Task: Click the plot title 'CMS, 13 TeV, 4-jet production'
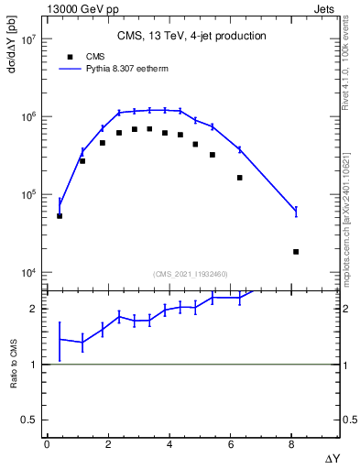(191, 37)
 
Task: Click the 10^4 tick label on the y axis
(27, 273)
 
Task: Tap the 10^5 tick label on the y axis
(27, 195)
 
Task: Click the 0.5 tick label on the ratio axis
(31, 420)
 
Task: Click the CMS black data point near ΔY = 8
(295, 251)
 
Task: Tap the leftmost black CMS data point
(60, 216)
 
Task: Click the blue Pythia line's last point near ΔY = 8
(295, 211)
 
